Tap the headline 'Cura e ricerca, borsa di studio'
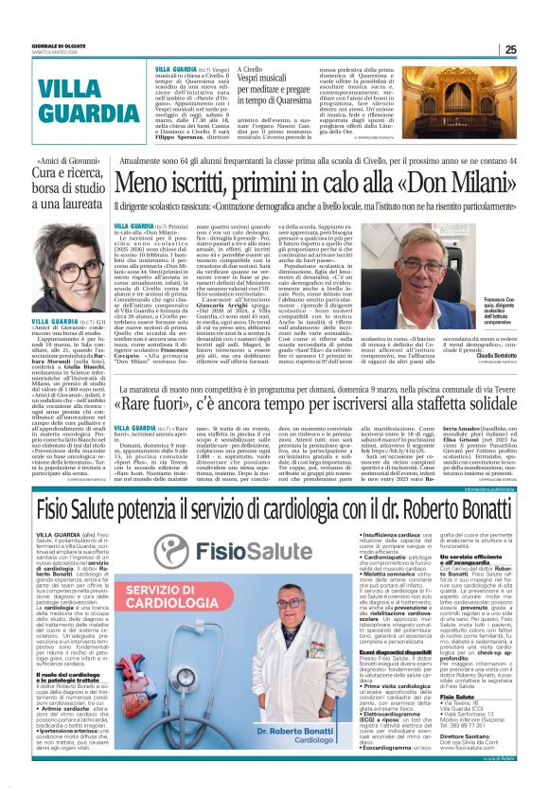point(53,181)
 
